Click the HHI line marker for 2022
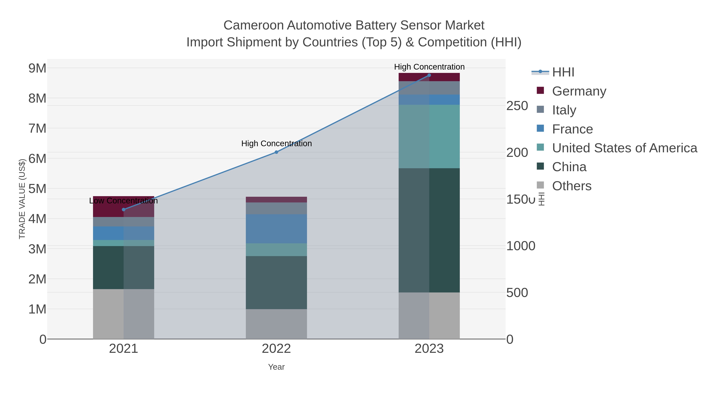[x=276, y=152]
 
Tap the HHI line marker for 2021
[x=124, y=210]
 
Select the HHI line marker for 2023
[x=429, y=75]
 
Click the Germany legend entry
[x=579, y=91]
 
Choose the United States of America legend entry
[x=624, y=148]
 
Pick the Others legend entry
[x=571, y=186]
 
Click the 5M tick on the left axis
[x=37, y=189]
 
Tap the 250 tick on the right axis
[x=517, y=106]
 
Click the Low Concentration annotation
[x=124, y=201]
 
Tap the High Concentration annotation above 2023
[x=429, y=67]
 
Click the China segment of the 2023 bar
[x=429, y=230]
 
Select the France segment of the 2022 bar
[x=276, y=229]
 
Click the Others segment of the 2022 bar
[x=276, y=324]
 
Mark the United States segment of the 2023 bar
[x=429, y=137]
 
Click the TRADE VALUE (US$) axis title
[x=22, y=199]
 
